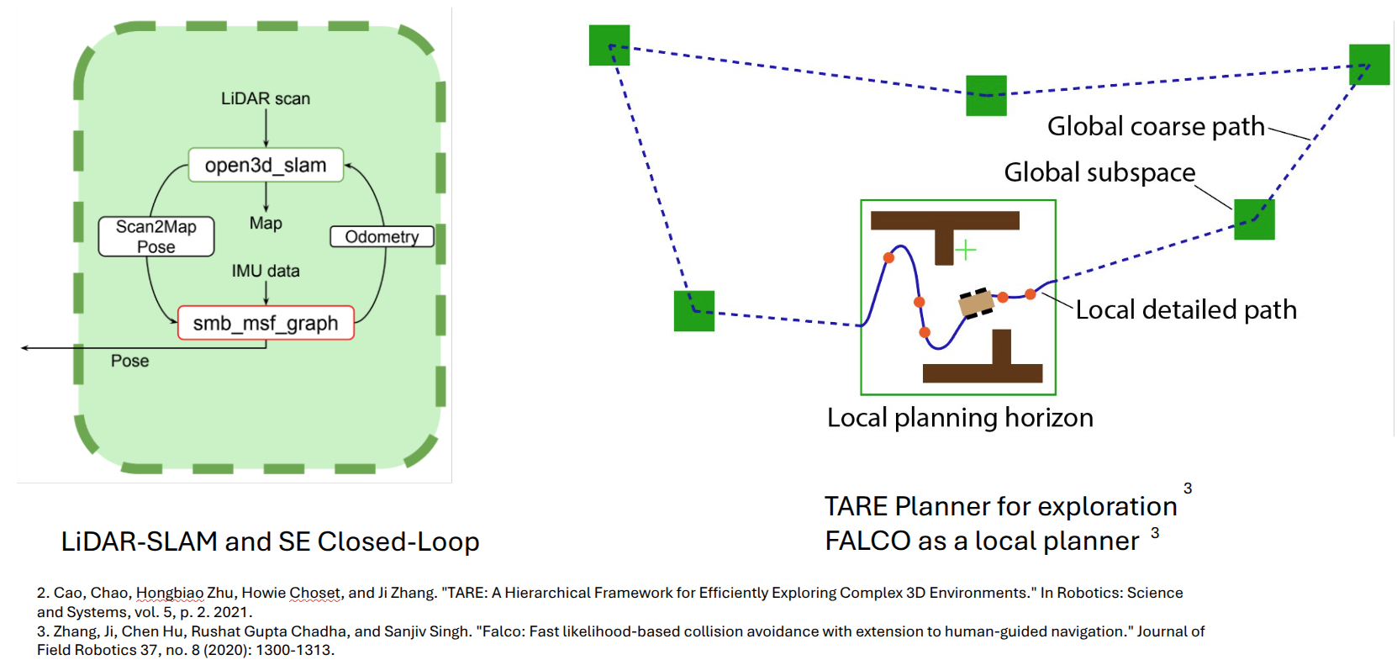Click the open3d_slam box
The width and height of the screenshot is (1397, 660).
click(266, 165)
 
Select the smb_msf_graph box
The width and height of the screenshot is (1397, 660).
click(266, 323)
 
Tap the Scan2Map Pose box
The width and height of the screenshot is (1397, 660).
click(156, 236)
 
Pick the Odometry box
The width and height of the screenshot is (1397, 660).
click(382, 236)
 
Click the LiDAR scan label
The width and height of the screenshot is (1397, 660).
click(266, 98)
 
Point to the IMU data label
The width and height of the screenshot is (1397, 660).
click(266, 271)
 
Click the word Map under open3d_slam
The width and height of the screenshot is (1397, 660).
click(266, 223)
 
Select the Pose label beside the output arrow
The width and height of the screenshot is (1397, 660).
click(129, 361)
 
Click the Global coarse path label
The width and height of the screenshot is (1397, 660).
click(1156, 126)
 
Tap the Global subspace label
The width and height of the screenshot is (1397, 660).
click(1099, 172)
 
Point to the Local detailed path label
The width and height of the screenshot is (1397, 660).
click(1186, 309)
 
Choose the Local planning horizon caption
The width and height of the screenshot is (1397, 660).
click(960, 418)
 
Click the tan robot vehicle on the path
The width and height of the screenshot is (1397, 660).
click(977, 303)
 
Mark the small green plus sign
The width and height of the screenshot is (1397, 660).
click(966, 250)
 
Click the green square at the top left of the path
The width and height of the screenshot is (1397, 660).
click(609, 45)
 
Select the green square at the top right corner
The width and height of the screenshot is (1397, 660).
click(1369, 65)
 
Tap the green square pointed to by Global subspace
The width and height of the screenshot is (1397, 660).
click(1254, 219)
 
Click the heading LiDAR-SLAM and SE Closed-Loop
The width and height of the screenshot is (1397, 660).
click(270, 541)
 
